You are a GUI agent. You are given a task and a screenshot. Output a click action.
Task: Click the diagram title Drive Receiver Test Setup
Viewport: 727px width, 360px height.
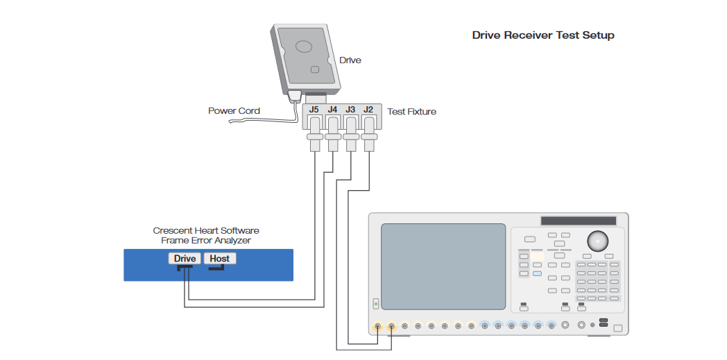543,35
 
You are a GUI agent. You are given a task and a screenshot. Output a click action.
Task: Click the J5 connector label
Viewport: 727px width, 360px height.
314,110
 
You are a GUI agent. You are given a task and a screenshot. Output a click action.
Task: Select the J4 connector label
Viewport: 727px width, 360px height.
333,110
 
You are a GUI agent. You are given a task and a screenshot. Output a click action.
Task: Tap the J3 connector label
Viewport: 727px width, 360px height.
351,110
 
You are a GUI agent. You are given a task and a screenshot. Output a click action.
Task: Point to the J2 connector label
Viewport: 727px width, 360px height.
368,110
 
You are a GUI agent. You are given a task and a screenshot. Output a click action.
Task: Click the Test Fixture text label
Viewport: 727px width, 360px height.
411,112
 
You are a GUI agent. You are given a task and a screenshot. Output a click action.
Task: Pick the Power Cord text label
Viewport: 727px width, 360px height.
234,111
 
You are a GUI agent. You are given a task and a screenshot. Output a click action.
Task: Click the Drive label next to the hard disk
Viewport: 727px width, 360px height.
350,60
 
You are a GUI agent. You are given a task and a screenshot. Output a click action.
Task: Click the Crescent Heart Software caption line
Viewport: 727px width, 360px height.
206,230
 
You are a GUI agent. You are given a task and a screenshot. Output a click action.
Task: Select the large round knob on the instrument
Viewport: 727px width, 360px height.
597,241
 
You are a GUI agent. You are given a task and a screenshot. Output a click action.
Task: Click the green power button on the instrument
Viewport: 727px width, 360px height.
376,304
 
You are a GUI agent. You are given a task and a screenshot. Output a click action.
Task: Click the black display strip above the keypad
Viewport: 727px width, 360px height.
579,221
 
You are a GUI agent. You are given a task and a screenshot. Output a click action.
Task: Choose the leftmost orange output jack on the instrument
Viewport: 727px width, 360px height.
377,325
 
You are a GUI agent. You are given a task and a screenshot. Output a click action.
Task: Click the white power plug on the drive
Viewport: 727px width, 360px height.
294,96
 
